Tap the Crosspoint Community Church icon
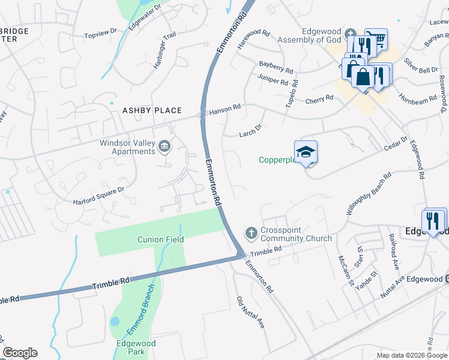pyautogui.click(x=251, y=232)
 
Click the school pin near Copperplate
pyautogui.click(x=306, y=152)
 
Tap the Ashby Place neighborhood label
pyautogui.click(x=152, y=110)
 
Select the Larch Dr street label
pyautogui.click(x=251, y=128)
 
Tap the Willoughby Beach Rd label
pyautogui.click(x=369, y=194)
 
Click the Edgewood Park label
pyautogui.click(x=136, y=347)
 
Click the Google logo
pyautogui.click(x=20, y=353)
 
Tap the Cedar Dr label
pyautogui.click(x=396, y=145)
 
